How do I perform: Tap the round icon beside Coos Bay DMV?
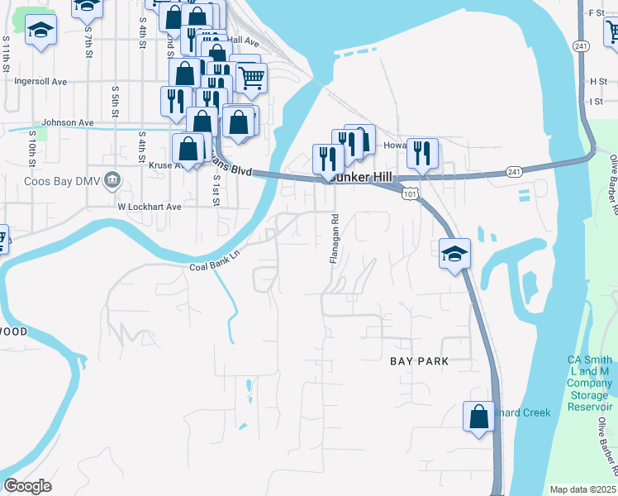click(114, 179)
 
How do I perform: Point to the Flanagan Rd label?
click(335, 240)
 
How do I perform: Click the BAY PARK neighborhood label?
click(419, 361)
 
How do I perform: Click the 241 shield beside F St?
click(581, 46)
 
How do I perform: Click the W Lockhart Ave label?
click(149, 207)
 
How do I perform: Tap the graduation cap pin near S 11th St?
click(40, 32)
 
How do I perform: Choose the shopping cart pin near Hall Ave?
click(251, 78)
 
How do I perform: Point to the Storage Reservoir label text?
click(589, 393)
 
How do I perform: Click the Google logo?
click(27, 485)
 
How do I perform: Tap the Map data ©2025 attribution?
click(582, 489)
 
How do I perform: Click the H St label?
click(598, 82)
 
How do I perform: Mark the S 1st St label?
click(216, 189)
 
